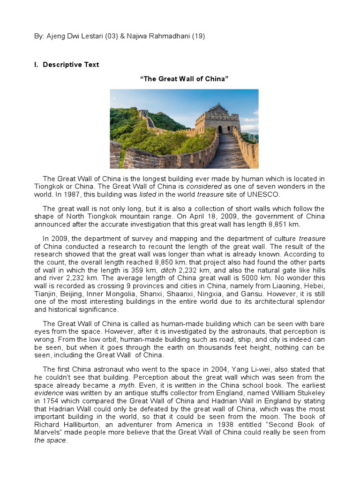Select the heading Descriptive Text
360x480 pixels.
[71, 65]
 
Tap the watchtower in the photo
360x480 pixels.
[217, 118]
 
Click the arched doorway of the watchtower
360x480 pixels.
[220, 129]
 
